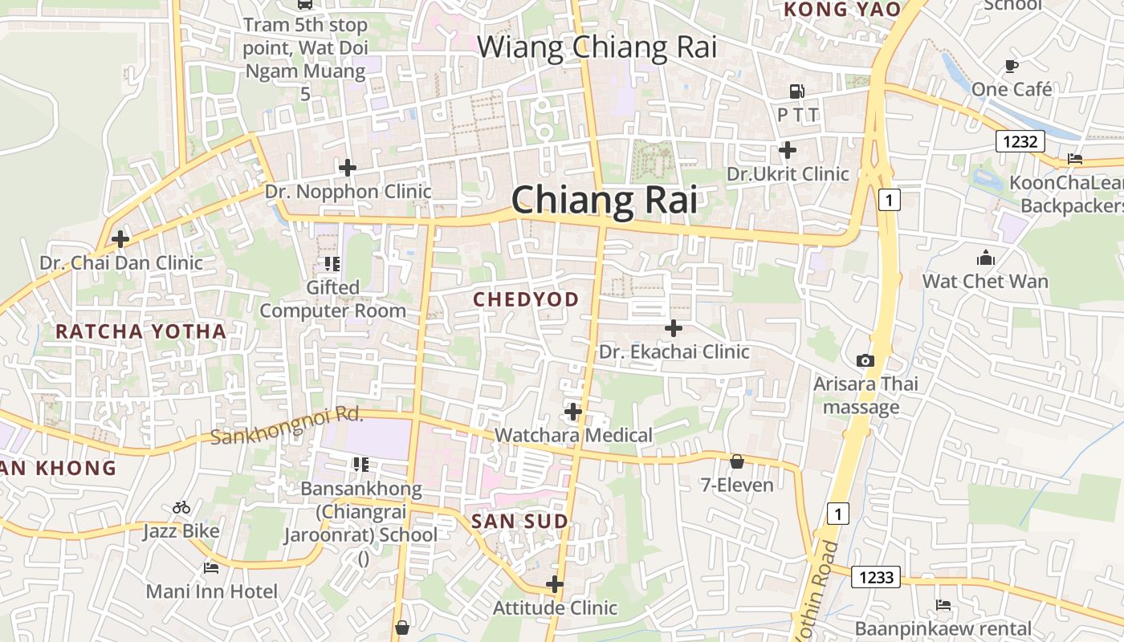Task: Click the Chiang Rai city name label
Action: [604, 199]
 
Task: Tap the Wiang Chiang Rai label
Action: [597, 47]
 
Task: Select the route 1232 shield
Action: [1020, 142]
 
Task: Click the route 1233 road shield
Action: [876, 576]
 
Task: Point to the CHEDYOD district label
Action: [526, 299]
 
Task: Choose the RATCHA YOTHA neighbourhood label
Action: [140, 331]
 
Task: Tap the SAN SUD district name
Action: [519, 521]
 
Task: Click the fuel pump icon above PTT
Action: [796, 91]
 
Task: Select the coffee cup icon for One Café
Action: [1011, 66]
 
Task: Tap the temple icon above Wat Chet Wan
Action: [985, 258]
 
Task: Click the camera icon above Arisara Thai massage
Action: [865, 360]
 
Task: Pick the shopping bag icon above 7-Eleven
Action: [736, 461]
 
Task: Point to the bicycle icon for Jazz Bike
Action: [181, 507]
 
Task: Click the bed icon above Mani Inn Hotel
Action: [211, 568]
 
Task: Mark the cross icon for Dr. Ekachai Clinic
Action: [674, 327]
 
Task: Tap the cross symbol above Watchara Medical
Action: [573, 412]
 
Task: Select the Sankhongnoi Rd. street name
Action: [287, 426]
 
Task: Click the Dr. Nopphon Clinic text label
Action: [348, 192]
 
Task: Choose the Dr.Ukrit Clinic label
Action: [788, 174]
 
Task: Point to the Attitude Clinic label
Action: [555, 607]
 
